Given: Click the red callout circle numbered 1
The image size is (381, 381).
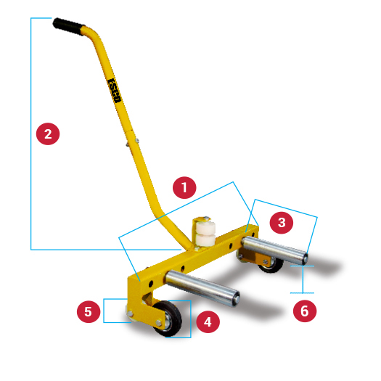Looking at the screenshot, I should pyautogui.click(x=184, y=187).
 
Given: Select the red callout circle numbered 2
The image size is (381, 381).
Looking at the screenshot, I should pyautogui.click(x=47, y=134).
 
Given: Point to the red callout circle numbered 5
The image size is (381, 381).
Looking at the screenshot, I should pyautogui.click(x=88, y=312).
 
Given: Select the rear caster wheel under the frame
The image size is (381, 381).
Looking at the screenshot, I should pyautogui.click(x=272, y=263).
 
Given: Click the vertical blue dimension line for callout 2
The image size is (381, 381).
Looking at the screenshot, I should pyautogui.click(x=31, y=134).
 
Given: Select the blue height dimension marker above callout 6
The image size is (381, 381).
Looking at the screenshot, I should pyautogui.click(x=305, y=279).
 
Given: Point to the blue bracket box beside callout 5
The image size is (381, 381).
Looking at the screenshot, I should pyautogui.click(x=113, y=310).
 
